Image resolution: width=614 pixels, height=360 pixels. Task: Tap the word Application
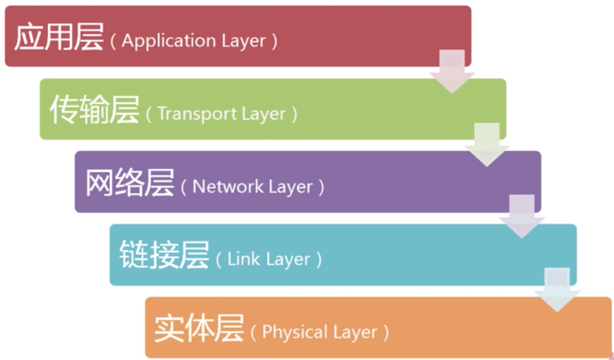pyautogui.click(x=169, y=41)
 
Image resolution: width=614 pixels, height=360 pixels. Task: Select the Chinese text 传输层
pyautogui.click(x=94, y=110)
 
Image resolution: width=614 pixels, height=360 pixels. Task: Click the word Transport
pyautogui.click(x=197, y=113)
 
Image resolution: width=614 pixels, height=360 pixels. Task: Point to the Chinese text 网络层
pyautogui.click(x=130, y=183)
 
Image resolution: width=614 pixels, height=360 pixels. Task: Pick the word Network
pyautogui.click(x=228, y=186)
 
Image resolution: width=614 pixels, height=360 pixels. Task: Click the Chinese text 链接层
pyautogui.click(x=164, y=255)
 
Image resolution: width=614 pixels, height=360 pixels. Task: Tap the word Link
pyautogui.click(x=243, y=259)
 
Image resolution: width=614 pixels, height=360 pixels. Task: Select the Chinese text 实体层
pyautogui.click(x=199, y=328)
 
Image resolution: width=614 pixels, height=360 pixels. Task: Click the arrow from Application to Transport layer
pyautogui.click(x=452, y=71)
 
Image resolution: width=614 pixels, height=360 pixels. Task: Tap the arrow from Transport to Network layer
pyautogui.click(x=487, y=145)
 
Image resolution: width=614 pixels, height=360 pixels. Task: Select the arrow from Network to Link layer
pyautogui.click(x=522, y=216)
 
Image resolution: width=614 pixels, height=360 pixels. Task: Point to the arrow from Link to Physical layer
pyautogui.click(x=557, y=290)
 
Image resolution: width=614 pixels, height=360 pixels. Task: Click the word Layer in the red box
pyautogui.click(x=244, y=41)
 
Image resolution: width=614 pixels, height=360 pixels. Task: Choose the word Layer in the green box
pyautogui.click(x=264, y=114)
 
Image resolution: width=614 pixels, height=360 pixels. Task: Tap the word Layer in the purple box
pyautogui.click(x=290, y=187)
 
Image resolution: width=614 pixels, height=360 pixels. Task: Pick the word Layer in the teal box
pyautogui.click(x=288, y=259)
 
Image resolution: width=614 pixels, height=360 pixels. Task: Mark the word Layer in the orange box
pyautogui.click(x=355, y=332)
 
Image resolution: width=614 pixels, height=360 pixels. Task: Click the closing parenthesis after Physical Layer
pyautogui.click(x=386, y=332)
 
